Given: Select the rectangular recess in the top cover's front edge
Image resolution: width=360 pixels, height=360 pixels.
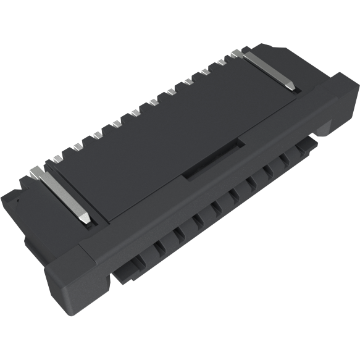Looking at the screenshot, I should (213, 160).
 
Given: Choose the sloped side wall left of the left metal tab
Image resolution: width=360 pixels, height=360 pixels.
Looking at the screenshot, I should (31, 198).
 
